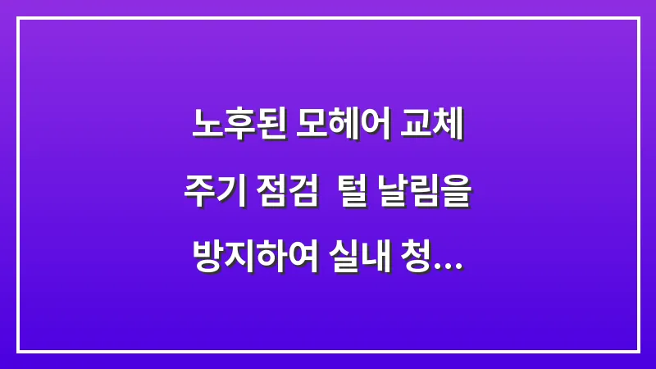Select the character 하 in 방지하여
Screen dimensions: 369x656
(x=273, y=265)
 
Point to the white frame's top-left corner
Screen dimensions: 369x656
(x=18, y=18)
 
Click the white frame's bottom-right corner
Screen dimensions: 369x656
(x=638, y=351)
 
